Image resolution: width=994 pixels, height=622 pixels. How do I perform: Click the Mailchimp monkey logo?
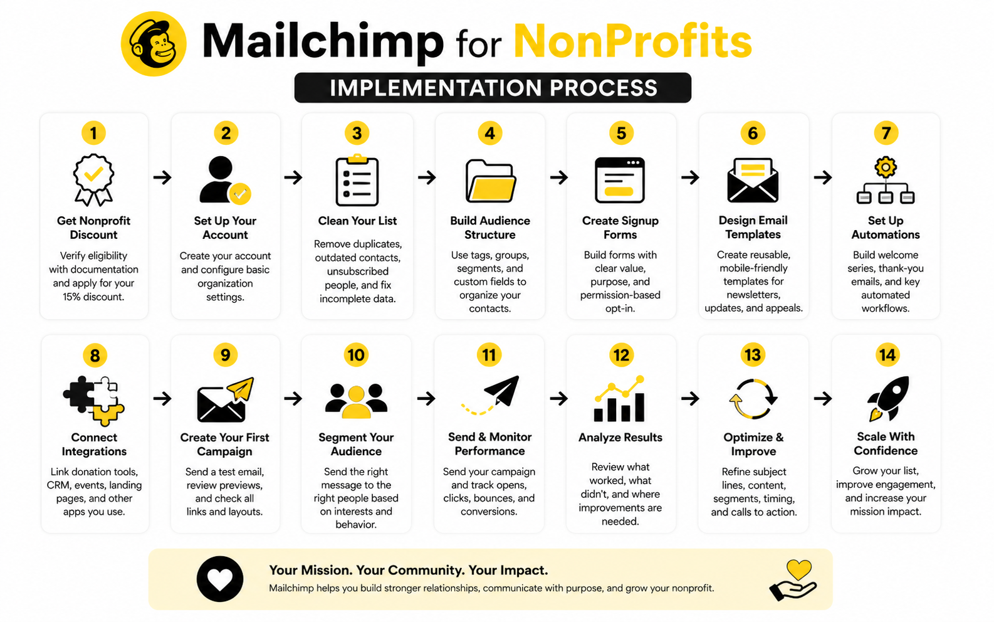pyautogui.click(x=154, y=43)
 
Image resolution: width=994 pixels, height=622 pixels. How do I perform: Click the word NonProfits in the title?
pyautogui.click(x=633, y=41)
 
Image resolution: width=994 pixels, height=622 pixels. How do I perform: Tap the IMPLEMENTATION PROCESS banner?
pyautogui.click(x=493, y=87)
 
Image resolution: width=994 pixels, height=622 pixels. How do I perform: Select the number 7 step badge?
pyautogui.click(x=886, y=133)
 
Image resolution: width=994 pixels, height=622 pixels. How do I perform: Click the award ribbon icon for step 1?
pyautogui.click(x=93, y=180)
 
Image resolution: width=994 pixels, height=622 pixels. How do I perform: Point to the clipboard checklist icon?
pyautogui.click(x=357, y=180)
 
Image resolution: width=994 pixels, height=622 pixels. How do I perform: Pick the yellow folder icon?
pyautogui.click(x=490, y=181)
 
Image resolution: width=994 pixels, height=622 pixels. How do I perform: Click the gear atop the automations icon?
pyautogui.click(x=886, y=167)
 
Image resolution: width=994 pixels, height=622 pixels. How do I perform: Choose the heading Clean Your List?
pyautogui.click(x=357, y=221)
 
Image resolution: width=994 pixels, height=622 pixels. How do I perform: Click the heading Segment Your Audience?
pyautogui.click(x=356, y=444)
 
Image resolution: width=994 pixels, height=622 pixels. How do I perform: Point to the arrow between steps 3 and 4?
pyautogui.click(x=427, y=177)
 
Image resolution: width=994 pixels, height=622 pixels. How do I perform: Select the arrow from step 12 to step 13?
pyautogui.click(x=690, y=398)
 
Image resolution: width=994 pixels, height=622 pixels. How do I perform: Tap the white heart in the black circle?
pyautogui.click(x=220, y=579)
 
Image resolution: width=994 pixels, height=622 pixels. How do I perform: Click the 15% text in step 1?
pyautogui.click(x=71, y=297)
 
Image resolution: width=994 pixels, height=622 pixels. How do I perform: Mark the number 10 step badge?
pyautogui.click(x=356, y=355)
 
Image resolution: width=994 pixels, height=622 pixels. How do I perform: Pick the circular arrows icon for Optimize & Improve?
pyautogui.click(x=753, y=399)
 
